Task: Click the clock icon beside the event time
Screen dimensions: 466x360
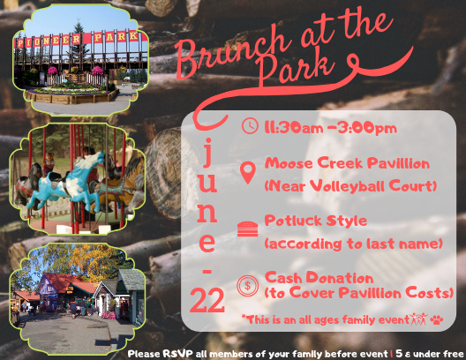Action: [x=250, y=126]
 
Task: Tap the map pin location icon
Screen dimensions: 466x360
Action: [x=248, y=173]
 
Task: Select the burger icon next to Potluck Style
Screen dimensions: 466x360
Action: [x=248, y=229]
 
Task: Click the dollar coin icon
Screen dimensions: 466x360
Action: [x=247, y=286]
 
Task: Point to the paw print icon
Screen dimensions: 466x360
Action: [x=436, y=320]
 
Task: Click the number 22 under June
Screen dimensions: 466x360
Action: [x=207, y=300]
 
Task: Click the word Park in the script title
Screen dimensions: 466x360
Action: [x=296, y=68]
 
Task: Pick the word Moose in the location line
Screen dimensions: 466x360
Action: [x=289, y=163]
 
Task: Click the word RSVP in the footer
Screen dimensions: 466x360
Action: [x=177, y=354]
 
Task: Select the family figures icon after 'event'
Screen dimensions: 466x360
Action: [x=418, y=319]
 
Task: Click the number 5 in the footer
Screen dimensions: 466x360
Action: [x=399, y=354]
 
